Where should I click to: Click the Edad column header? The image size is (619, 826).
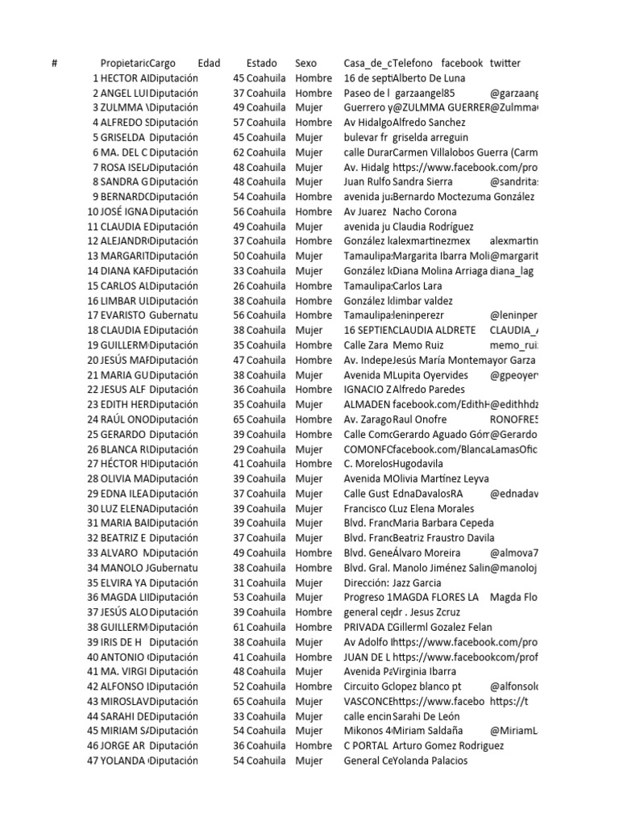click(209, 63)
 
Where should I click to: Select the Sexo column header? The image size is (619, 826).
click(306, 63)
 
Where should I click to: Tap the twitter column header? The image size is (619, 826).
click(505, 63)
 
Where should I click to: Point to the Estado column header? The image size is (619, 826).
click(261, 63)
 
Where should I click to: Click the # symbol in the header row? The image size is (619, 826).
click(54, 63)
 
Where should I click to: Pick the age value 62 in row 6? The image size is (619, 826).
click(239, 152)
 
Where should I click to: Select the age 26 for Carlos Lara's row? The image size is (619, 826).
click(239, 286)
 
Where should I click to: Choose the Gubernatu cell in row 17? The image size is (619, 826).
click(174, 315)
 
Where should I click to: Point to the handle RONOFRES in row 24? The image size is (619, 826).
click(514, 419)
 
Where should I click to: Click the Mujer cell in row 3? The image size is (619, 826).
click(309, 107)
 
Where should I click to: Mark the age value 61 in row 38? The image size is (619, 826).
click(239, 627)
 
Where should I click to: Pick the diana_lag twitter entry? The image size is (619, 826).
click(513, 271)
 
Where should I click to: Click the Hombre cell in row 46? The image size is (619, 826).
click(314, 745)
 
